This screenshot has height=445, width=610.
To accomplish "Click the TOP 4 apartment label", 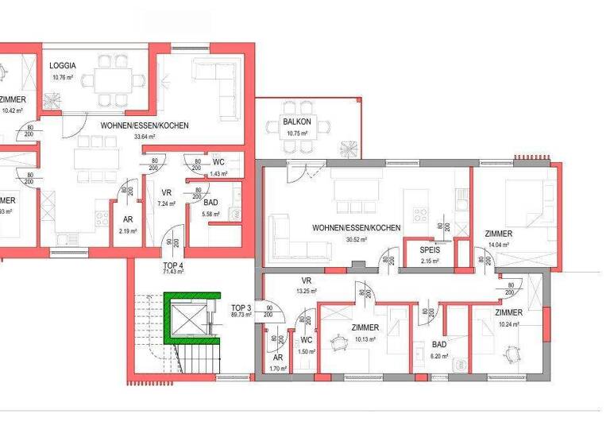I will point(174,265).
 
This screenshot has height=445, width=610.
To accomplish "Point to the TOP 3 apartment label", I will point(241,307).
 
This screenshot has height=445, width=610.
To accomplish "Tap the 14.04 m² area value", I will point(497,245).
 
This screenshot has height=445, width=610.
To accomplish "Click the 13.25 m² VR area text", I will point(307,291).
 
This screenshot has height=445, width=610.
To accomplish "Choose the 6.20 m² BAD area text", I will point(438,357).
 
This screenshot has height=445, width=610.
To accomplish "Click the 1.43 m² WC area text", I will point(218,173).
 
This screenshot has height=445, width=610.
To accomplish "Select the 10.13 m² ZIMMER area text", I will point(365,339).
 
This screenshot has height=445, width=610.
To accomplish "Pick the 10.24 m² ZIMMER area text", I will point(509,324).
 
